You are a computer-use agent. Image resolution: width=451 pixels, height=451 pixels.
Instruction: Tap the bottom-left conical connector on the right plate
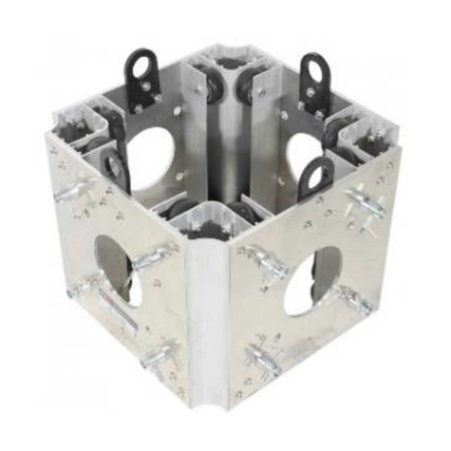tap(262, 354)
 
